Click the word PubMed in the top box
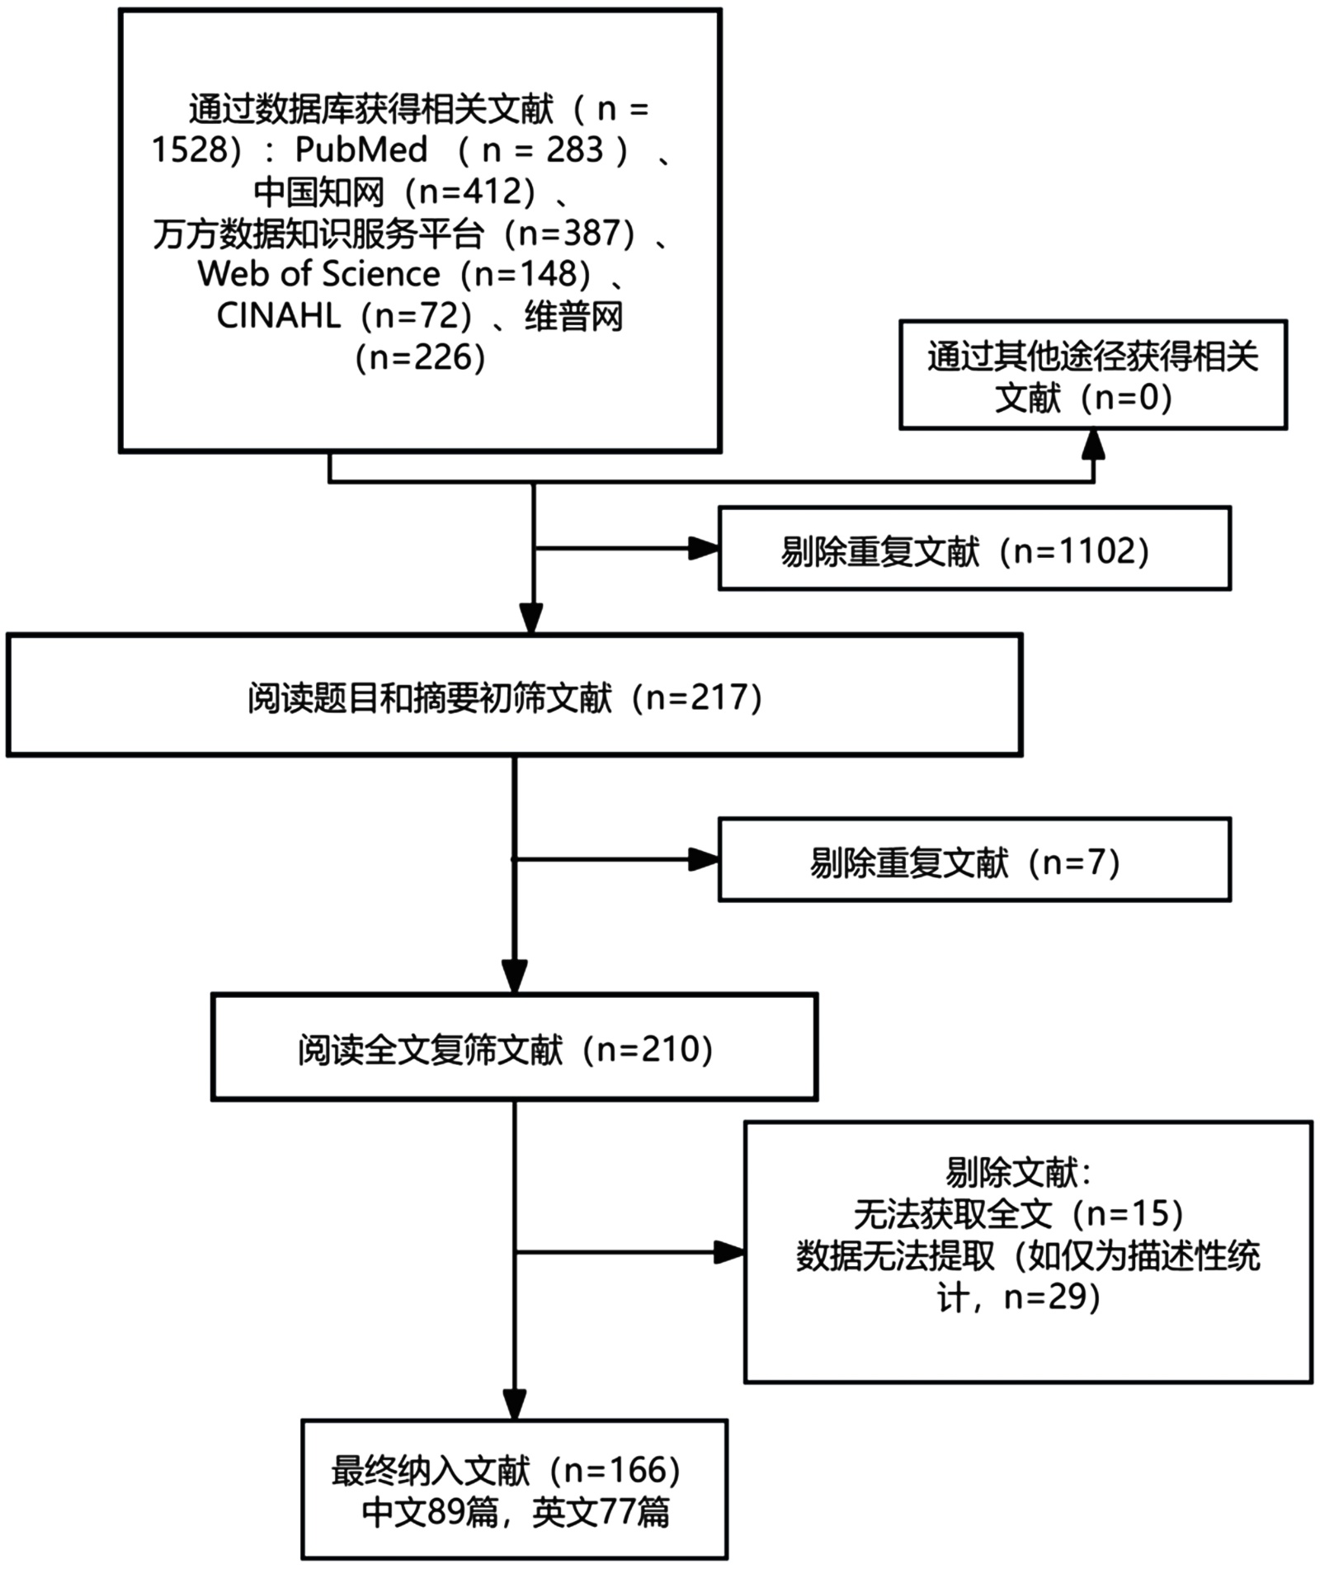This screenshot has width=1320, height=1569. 361,150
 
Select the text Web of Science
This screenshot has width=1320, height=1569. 318,274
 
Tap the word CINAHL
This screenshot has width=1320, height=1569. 278,316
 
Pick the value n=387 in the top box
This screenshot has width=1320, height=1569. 569,234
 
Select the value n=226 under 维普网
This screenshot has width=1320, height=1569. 421,358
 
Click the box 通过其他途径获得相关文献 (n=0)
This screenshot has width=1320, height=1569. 1092,376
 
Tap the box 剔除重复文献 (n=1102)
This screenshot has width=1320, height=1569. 974,549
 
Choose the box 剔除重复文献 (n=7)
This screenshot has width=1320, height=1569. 974,860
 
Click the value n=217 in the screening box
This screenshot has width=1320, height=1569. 701,697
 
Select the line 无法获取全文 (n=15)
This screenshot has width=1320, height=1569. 1018,1213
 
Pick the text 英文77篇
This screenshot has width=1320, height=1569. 601,1512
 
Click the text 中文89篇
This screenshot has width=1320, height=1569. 431,1512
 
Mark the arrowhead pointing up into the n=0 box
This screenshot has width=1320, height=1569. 1093,445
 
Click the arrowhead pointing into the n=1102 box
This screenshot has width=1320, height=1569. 703,549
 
